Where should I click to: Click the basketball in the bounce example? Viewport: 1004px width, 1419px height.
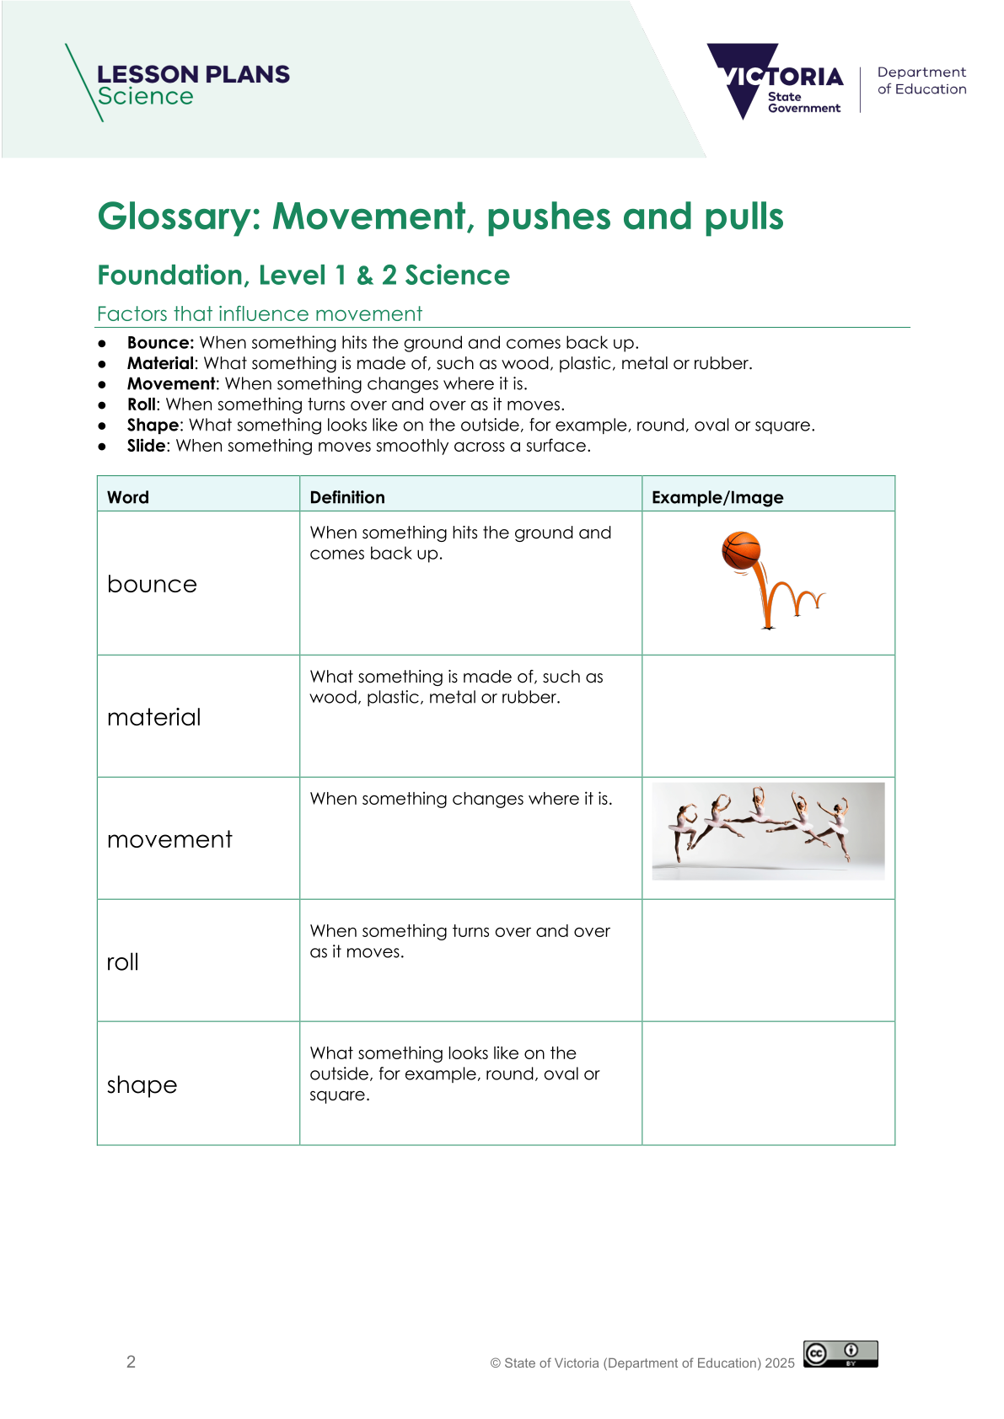tap(741, 551)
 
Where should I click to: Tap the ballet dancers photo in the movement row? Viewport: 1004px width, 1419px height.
tap(768, 831)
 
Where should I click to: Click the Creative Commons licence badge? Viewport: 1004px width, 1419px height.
tap(840, 1353)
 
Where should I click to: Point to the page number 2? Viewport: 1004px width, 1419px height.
tap(131, 1362)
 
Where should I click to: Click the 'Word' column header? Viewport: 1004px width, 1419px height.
tap(128, 497)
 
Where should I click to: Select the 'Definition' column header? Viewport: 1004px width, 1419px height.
tap(347, 497)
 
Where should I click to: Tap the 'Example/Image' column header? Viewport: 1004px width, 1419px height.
tap(717, 497)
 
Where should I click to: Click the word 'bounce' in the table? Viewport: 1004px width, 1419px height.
tap(152, 584)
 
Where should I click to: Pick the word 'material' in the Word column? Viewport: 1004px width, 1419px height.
tap(154, 717)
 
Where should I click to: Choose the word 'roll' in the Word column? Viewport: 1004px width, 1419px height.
tap(123, 961)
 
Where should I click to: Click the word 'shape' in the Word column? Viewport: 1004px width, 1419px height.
tap(142, 1084)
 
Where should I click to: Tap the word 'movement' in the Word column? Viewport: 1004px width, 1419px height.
tap(169, 839)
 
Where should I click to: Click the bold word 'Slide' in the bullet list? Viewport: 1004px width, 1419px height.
tap(146, 446)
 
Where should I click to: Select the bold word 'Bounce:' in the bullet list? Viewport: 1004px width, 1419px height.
tap(160, 342)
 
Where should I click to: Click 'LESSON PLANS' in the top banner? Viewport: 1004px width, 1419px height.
tap(193, 74)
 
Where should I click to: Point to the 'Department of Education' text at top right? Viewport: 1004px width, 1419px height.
tap(921, 81)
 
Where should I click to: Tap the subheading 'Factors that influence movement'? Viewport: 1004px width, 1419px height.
tap(260, 314)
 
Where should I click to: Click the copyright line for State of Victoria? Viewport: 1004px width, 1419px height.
tap(642, 1363)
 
